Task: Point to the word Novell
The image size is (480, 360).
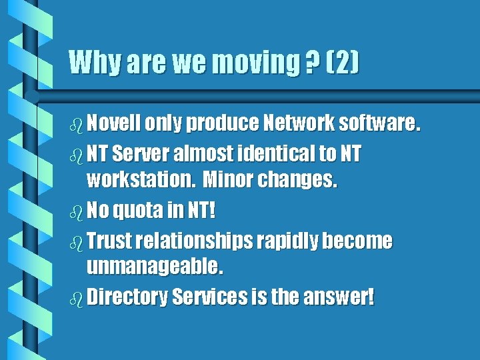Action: point(113,123)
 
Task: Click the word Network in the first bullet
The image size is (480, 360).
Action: point(298,123)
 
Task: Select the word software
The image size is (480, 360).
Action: point(379,123)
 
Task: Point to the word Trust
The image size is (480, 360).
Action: point(109,241)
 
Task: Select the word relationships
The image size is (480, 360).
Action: point(193,241)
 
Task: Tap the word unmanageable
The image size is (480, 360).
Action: point(155,267)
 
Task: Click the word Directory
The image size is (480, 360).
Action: point(127,297)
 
